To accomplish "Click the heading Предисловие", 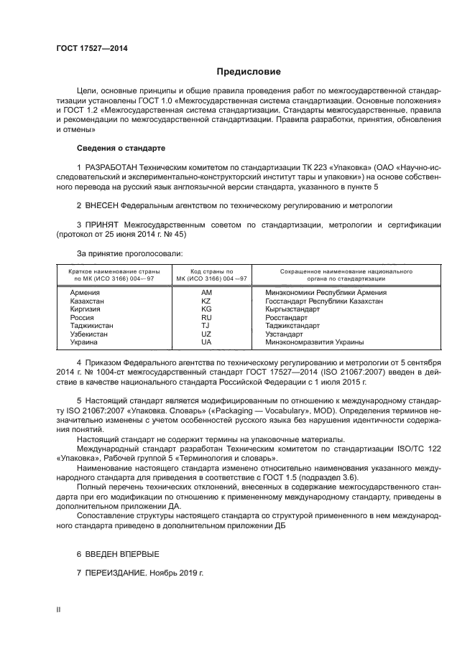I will point(249,72).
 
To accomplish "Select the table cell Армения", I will point(85,293).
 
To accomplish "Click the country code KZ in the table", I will point(206,301).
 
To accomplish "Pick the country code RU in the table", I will point(206,317).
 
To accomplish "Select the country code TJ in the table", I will point(206,326).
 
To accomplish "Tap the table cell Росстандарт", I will point(286,317).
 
